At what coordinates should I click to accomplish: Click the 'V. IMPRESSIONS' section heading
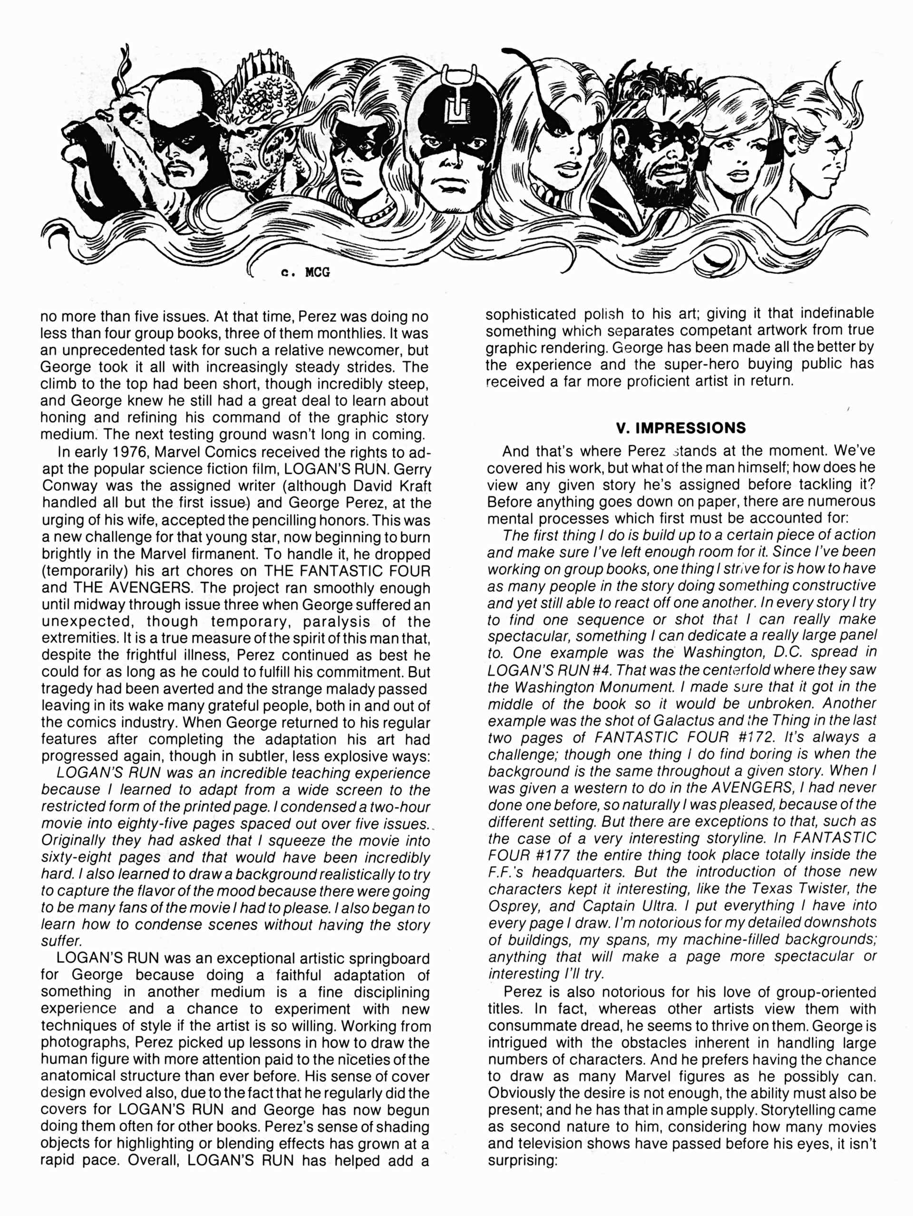click(680, 428)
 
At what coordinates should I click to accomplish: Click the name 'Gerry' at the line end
click(412, 469)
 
